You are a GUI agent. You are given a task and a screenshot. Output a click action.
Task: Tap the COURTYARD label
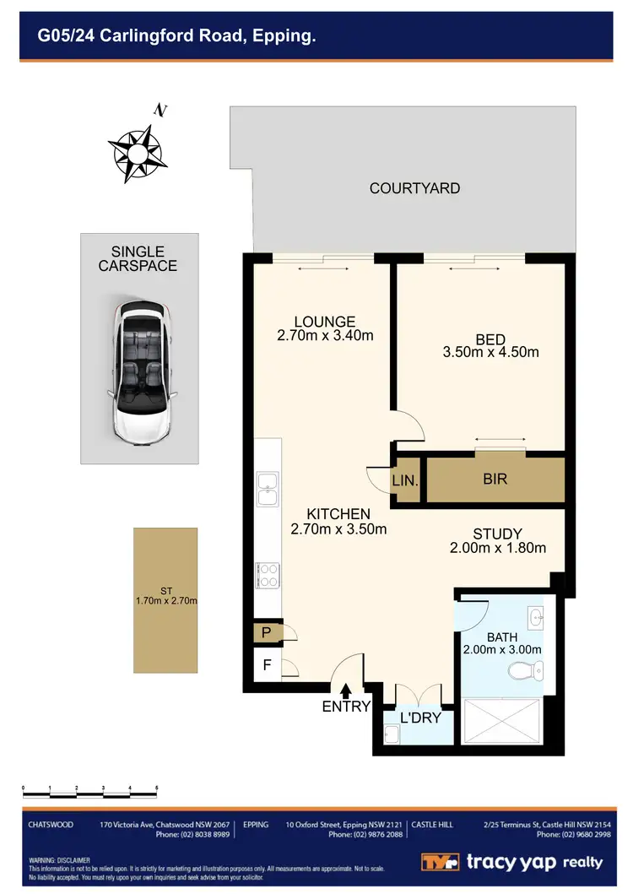coord(414,188)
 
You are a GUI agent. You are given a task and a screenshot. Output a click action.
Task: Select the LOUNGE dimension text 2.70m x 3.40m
coord(325,335)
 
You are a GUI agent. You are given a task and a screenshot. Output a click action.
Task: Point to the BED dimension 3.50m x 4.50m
coord(490,352)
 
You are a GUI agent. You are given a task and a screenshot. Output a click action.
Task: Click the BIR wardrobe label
coord(495,480)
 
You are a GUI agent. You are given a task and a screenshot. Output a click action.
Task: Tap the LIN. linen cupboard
coord(403,481)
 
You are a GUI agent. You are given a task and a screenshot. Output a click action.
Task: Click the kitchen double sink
coord(268,490)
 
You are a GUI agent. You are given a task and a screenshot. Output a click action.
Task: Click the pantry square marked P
coord(267,631)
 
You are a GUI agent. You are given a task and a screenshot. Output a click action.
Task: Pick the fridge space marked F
coord(267,665)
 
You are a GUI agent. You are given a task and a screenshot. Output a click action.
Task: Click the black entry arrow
coord(345,693)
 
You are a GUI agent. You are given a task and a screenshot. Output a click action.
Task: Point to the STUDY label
coord(497,534)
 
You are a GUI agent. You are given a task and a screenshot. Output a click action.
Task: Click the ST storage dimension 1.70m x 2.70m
coord(165,601)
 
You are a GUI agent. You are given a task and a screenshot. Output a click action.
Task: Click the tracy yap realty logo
coord(512,862)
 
